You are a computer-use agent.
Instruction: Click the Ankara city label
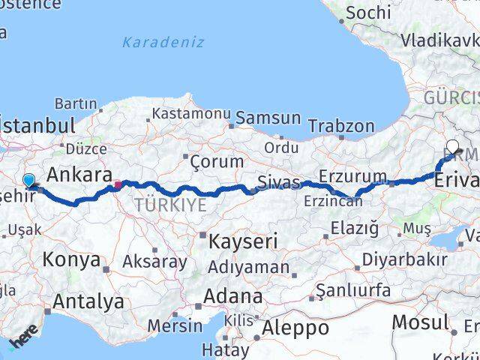pyautogui.click(x=75, y=175)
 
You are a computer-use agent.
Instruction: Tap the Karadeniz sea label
pyautogui.click(x=163, y=42)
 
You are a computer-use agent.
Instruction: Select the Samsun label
pyautogui.click(x=268, y=118)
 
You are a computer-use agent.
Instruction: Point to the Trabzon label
pyautogui.click(x=340, y=126)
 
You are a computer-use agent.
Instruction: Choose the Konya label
pyautogui.click(x=72, y=259)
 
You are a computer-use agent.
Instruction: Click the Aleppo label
pyautogui.click(x=295, y=328)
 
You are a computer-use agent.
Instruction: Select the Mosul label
pyautogui.click(x=420, y=323)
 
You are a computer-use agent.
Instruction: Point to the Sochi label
pyautogui.click(x=368, y=13)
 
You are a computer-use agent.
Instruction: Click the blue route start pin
pyautogui.click(x=28, y=181)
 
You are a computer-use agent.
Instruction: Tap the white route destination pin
pyautogui.click(x=452, y=147)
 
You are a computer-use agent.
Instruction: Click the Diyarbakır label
pyautogui.click(x=405, y=259)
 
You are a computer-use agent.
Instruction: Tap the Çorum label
pyautogui.click(x=217, y=161)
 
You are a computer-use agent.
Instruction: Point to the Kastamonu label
pyautogui.click(x=191, y=114)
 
